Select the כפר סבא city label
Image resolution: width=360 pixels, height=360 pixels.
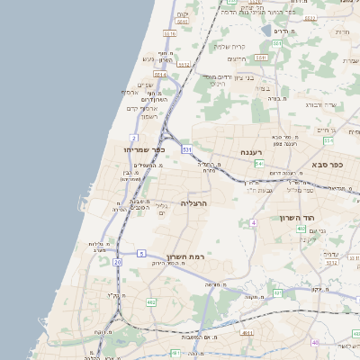point(329,165)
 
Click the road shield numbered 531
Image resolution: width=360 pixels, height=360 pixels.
point(186,148)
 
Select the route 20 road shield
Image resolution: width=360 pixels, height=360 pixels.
point(117,261)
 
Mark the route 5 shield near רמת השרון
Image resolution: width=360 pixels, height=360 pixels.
point(141,255)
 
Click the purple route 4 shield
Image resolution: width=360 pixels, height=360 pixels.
point(254,221)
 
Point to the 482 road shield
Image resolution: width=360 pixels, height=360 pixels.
point(151,302)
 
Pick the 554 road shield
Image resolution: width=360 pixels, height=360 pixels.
point(329,140)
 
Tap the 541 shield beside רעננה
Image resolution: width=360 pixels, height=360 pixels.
point(259,164)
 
